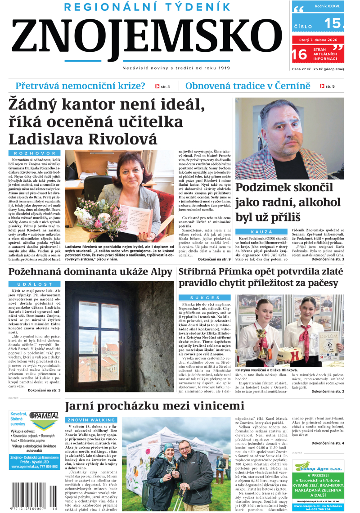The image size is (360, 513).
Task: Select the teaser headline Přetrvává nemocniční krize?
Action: pyautogui.click(x=81, y=86)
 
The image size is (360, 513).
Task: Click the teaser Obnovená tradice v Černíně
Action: pyautogui.click(x=248, y=86)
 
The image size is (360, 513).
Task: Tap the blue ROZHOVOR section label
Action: pyautogui.click(x=34, y=153)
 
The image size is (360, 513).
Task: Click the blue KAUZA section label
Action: pyautogui.click(x=261, y=231)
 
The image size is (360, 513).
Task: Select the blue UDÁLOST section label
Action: pyautogui.click(x=34, y=284)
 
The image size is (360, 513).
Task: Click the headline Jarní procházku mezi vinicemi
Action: pyautogui.click(x=154, y=406)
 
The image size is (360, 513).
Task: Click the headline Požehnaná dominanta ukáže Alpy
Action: pyautogui.click(x=90, y=272)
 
